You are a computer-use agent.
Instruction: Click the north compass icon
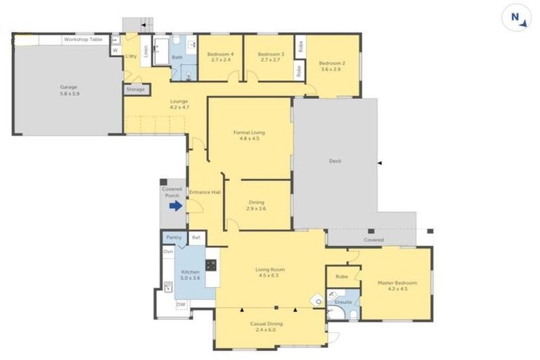point(516,18)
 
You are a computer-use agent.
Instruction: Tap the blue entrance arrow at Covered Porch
point(176,205)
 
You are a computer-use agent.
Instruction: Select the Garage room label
point(68,90)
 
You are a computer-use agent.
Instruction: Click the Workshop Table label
point(81,40)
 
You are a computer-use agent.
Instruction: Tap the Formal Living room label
point(250,135)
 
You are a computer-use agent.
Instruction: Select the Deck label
point(335,161)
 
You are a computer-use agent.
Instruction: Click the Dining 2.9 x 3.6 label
point(256,205)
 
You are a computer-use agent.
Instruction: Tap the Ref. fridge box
point(197,238)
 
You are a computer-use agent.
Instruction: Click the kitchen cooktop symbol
point(210,265)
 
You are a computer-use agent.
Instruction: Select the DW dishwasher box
point(181,304)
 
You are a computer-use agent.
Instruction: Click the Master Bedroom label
point(397,285)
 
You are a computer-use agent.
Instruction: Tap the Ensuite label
point(344,302)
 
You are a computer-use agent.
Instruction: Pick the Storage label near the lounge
point(136,89)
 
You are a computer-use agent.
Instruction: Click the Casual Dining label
point(266,326)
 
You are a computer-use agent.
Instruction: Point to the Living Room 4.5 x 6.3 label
point(270,271)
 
